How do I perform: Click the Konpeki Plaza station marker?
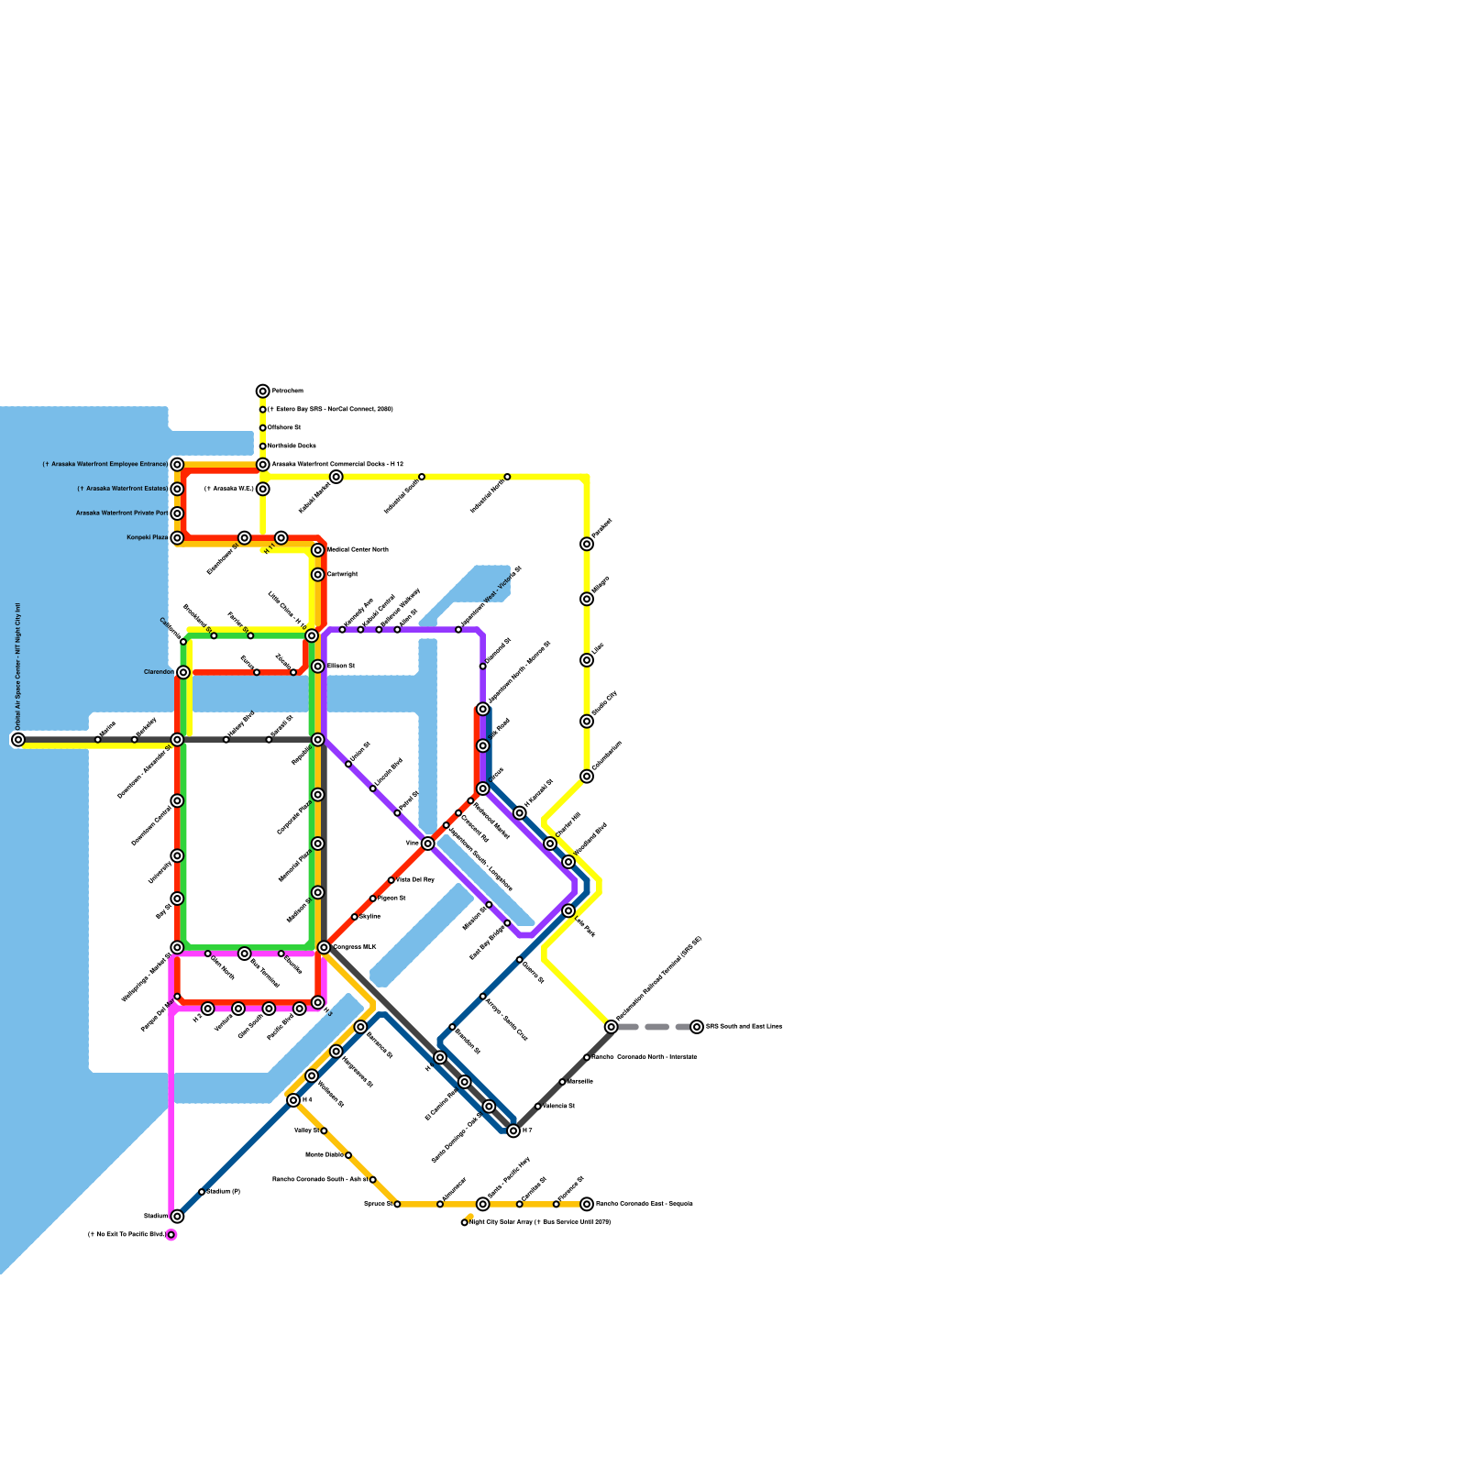177,538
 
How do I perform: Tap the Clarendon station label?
159,672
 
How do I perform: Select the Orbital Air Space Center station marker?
18,739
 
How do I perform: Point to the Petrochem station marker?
263,392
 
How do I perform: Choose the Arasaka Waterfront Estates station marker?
177,489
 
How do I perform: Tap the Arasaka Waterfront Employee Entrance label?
105,465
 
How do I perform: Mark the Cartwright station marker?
317,575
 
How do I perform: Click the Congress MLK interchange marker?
324,947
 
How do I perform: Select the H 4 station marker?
293,1100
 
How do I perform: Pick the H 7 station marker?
513,1131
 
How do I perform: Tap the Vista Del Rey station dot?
392,880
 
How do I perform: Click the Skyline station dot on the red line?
355,917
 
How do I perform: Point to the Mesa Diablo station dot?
348,1155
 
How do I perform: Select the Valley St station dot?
324,1131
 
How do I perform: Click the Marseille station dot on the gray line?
562,1082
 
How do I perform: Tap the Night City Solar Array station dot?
465,1222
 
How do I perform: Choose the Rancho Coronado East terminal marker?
587,1204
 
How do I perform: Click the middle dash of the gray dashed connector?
656,1027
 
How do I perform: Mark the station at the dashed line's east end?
697,1027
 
